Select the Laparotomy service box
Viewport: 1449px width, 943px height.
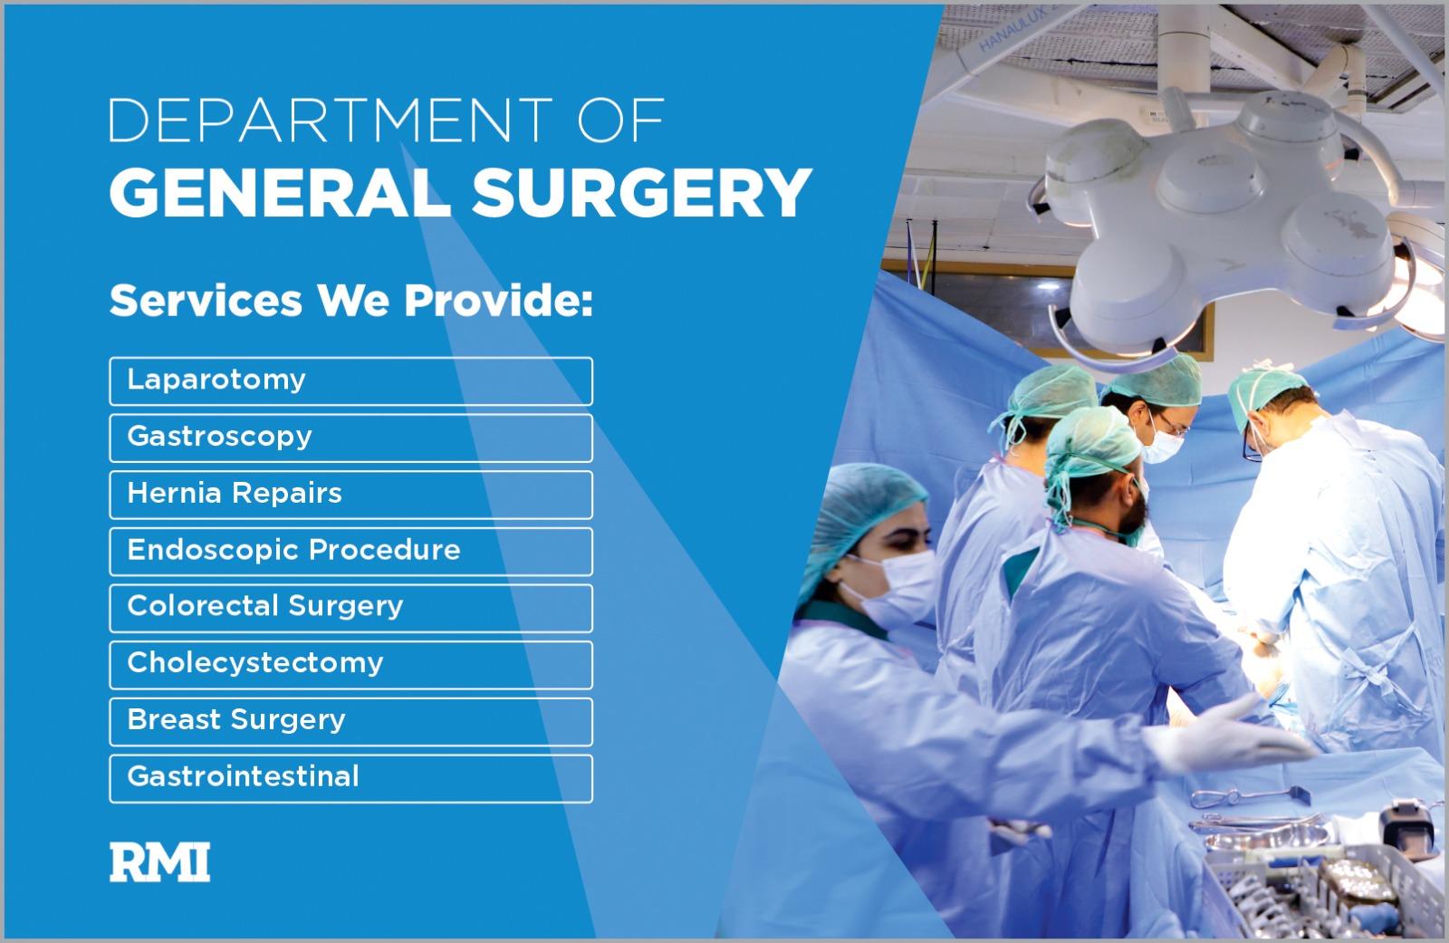pyautogui.click(x=350, y=380)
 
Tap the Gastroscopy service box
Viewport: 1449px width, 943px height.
pyautogui.click(x=350, y=438)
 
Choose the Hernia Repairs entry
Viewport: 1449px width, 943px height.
pyautogui.click(x=350, y=495)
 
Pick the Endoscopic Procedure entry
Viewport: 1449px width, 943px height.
pyautogui.click(x=350, y=551)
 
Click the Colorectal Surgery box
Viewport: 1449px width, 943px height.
pyautogui.click(x=350, y=608)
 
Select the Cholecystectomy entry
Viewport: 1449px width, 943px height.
pyautogui.click(x=350, y=664)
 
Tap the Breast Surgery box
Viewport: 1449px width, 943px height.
pyautogui.click(x=350, y=721)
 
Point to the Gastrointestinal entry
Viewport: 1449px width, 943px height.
pyautogui.click(x=350, y=778)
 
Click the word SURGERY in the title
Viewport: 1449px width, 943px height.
pyautogui.click(x=641, y=192)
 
